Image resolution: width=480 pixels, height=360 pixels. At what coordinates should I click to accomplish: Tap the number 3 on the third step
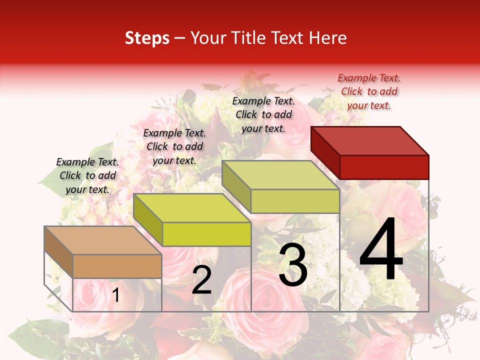tap(293, 265)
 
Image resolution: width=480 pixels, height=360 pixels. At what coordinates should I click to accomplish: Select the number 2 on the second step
tap(202, 280)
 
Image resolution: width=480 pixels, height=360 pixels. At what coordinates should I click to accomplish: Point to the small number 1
tap(115, 295)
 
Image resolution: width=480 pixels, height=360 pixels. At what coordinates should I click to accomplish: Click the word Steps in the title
tap(147, 38)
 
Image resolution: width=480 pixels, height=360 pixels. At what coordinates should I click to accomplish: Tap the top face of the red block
tap(370, 140)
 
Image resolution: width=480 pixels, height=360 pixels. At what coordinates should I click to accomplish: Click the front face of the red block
tap(384, 167)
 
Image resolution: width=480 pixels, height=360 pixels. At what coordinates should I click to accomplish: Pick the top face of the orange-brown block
tap(102, 240)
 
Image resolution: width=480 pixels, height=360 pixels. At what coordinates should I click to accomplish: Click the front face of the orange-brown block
tap(117, 266)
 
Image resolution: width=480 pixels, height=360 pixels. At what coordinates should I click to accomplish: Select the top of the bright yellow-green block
tap(192, 207)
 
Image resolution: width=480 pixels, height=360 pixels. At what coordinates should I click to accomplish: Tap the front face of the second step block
tap(206, 234)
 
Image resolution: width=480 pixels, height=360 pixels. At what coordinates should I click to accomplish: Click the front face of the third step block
tap(295, 201)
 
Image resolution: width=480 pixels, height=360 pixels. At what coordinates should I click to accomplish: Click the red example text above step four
tap(369, 91)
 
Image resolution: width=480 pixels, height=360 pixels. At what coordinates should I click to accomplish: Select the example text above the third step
tap(263, 114)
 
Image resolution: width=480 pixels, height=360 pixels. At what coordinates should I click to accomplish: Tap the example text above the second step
tap(174, 146)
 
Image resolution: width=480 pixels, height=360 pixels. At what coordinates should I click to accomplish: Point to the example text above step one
tap(87, 175)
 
